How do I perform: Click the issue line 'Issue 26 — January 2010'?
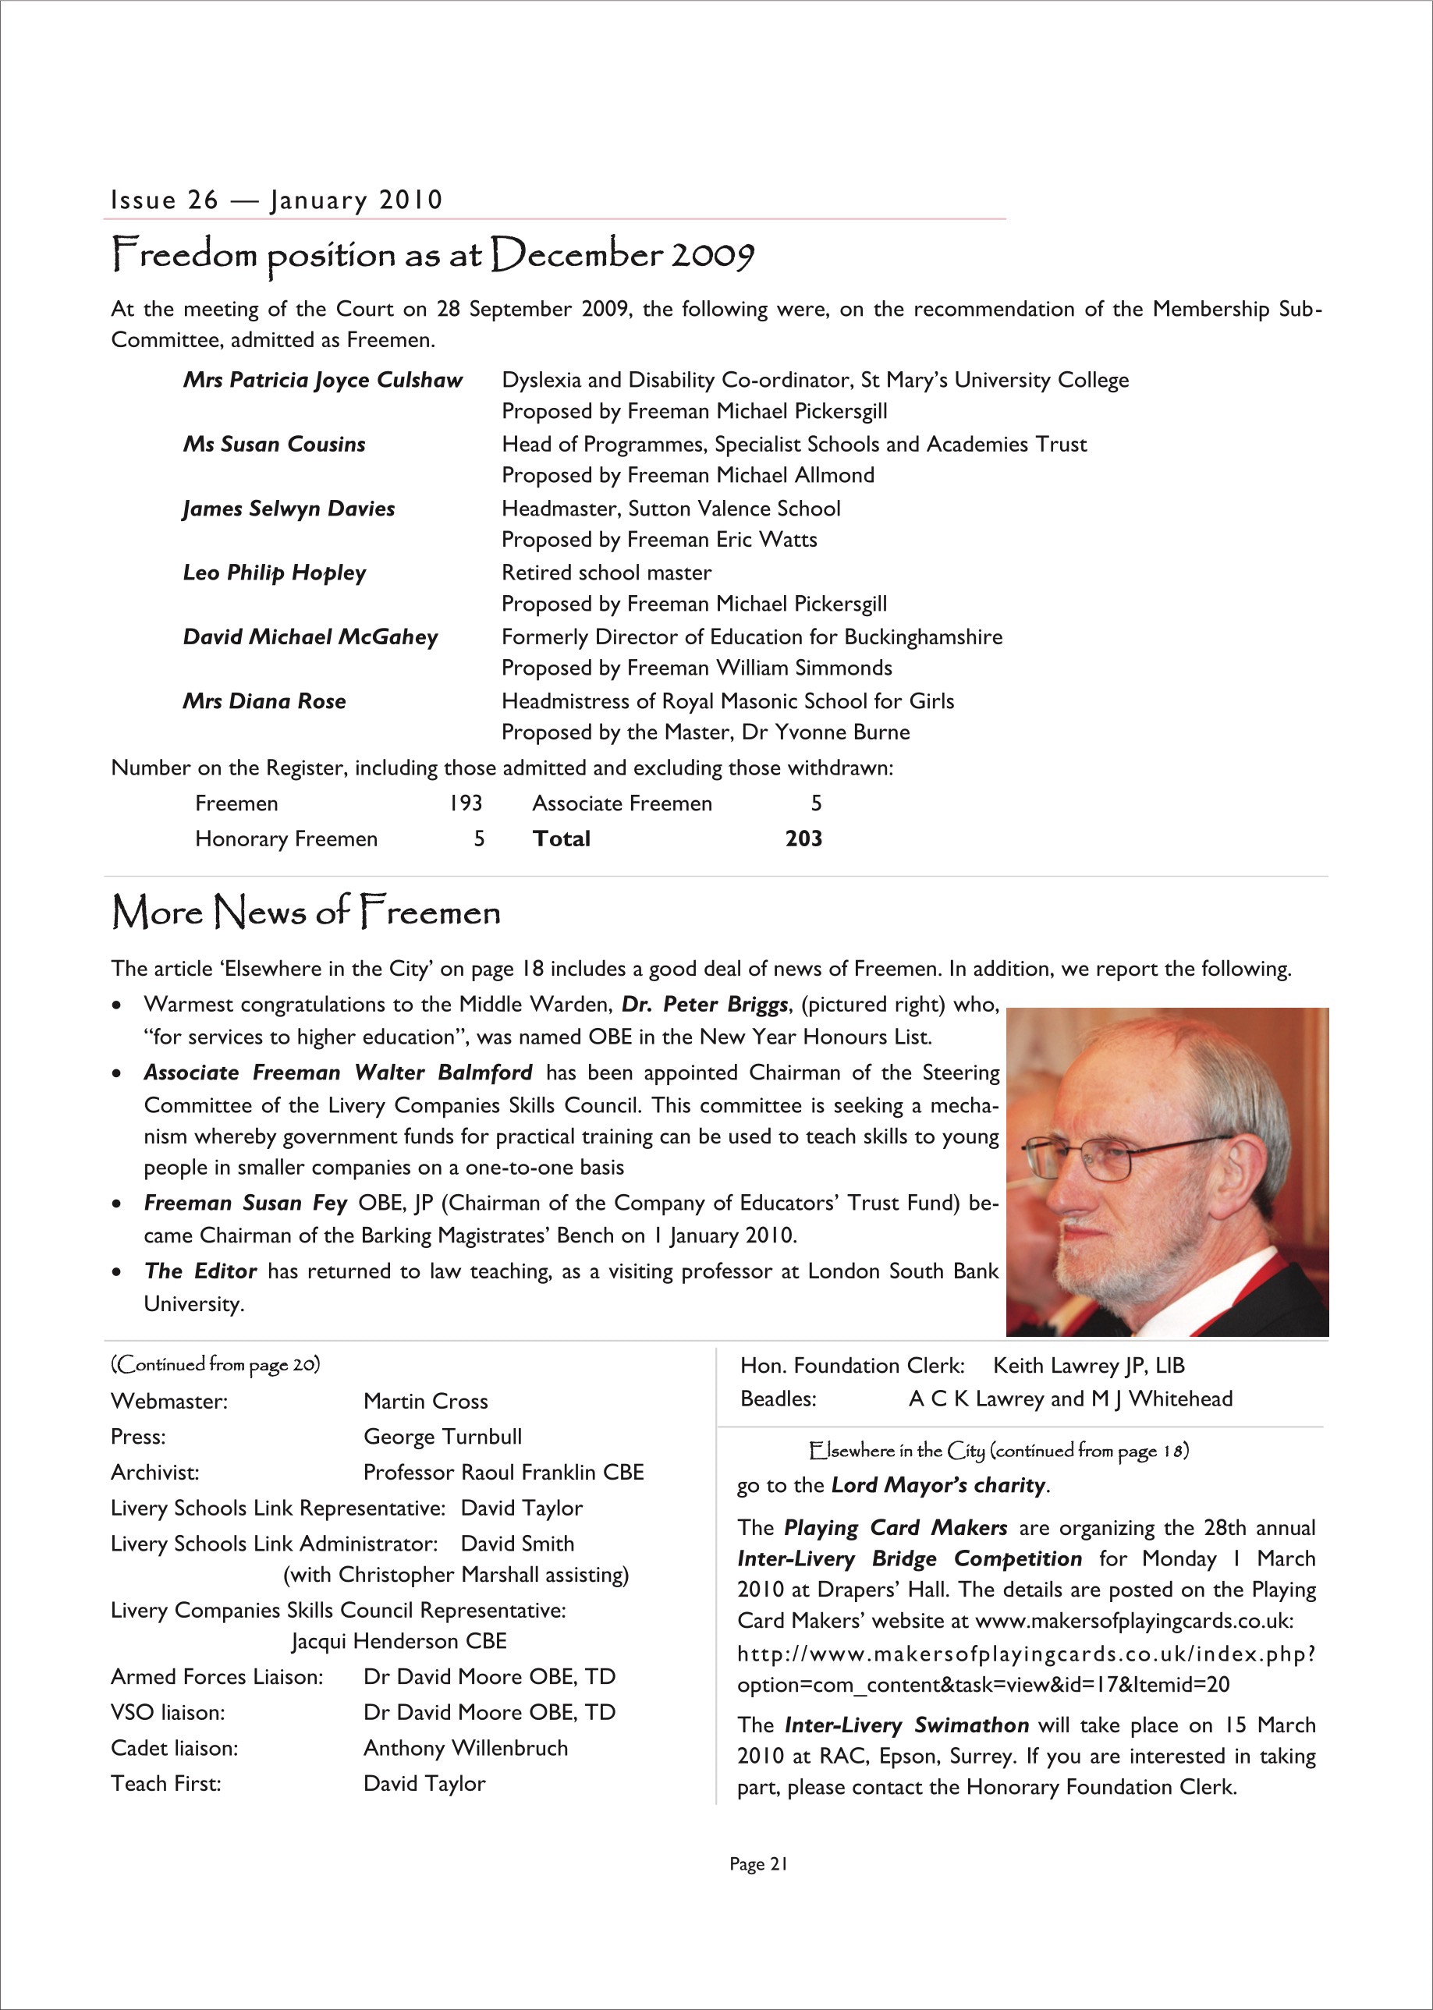tap(276, 200)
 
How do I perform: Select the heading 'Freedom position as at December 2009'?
tap(432, 255)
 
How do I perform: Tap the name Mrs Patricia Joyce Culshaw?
tap(322, 381)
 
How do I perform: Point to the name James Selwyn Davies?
tap(289, 509)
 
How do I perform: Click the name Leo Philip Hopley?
tap(274, 573)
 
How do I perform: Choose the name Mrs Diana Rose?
tap(264, 701)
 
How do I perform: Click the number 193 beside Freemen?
tap(465, 803)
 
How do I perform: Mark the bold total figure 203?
tap(803, 838)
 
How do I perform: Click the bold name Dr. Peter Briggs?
tap(704, 1004)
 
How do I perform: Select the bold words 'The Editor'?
tap(200, 1271)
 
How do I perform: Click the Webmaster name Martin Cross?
tap(425, 1401)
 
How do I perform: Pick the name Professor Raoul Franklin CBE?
tap(503, 1472)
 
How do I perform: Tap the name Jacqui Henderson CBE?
tap(399, 1641)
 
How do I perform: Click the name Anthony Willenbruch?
tap(465, 1748)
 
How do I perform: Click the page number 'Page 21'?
tap(758, 1864)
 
